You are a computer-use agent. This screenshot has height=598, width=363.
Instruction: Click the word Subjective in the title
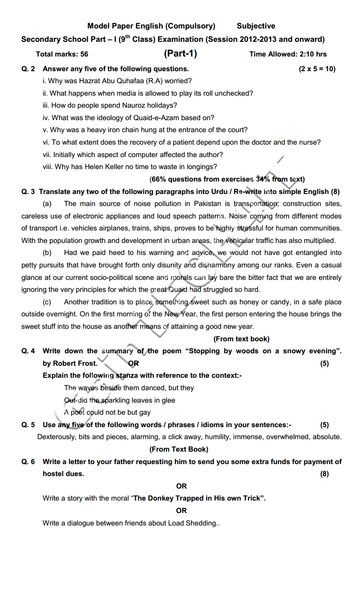click(x=256, y=26)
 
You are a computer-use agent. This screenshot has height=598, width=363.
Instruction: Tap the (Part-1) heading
click(x=180, y=54)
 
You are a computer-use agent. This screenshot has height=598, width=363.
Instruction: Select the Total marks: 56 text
click(x=62, y=54)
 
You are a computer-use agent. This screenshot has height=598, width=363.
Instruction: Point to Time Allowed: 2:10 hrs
click(x=288, y=54)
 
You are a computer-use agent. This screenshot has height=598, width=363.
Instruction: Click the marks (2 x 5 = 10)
click(x=317, y=69)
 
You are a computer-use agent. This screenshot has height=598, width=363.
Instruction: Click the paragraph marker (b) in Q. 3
click(x=47, y=253)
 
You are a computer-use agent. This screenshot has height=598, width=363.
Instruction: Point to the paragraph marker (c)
click(x=47, y=302)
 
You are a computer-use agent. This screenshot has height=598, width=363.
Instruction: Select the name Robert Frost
click(x=75, y=364)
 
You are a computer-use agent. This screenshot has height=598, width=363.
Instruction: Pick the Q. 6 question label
click(x=28, y=462)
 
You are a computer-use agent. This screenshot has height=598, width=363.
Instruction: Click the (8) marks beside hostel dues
click(x=324, y=474)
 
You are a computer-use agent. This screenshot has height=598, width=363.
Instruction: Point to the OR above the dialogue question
click(x=181, y=511)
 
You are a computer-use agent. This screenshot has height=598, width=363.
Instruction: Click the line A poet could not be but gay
click(x=107, y=412)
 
